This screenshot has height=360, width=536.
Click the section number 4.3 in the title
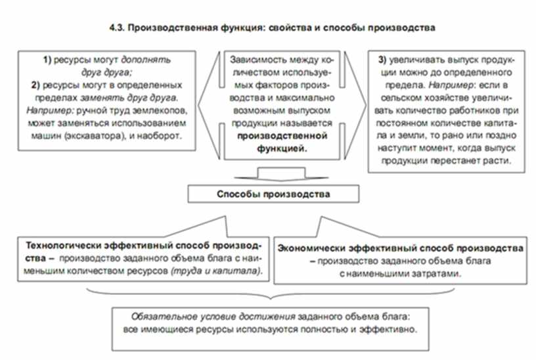pos(116,28)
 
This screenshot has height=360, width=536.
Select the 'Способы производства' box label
pos(273,194)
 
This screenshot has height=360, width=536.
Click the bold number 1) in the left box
pos(47,60)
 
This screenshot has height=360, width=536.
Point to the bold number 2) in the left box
pos(35,85)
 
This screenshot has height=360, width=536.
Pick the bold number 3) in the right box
pos(382,60)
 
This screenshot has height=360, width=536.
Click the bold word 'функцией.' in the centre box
pos(282,148)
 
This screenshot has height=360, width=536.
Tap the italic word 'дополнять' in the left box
pos(146,60)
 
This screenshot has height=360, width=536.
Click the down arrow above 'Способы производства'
pos(281,173)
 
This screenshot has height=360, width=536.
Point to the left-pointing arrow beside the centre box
pos(209,105)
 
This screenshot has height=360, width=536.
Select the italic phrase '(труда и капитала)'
pos(217,271)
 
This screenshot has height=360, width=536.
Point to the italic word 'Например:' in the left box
pos(50,110)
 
